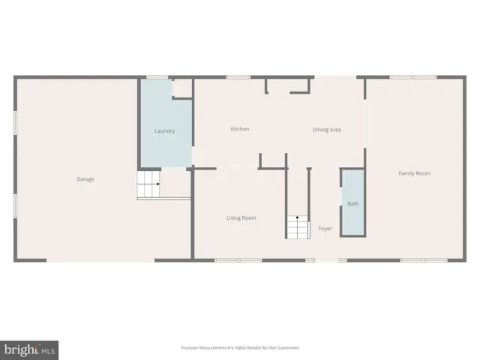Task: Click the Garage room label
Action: point(85,179)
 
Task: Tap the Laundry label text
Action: point(165,131)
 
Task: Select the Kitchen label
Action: point(240,129)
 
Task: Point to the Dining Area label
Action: point(327,130)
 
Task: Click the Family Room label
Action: point(414,173)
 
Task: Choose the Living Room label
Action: point(241,218)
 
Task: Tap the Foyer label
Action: point(325,228)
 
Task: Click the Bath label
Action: point(352,204)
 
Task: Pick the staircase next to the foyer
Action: point(297,227)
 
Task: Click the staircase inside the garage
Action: point(148,184)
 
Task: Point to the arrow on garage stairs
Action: point(157,184)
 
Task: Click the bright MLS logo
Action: point(30,349)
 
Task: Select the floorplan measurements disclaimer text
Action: point(240,348)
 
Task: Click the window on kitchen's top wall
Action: point(238,76)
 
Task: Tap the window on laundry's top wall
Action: point(157,76)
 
